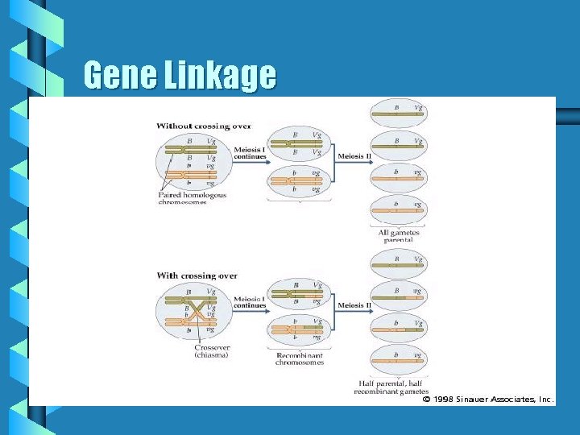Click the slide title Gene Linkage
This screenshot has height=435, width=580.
click(180, 76)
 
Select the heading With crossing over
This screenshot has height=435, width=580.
click(197, 275)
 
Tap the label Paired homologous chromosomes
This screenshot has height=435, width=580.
click(193, 198)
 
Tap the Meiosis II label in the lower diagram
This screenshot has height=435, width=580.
click(354, 305)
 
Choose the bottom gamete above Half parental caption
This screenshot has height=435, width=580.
click(398, 360)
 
